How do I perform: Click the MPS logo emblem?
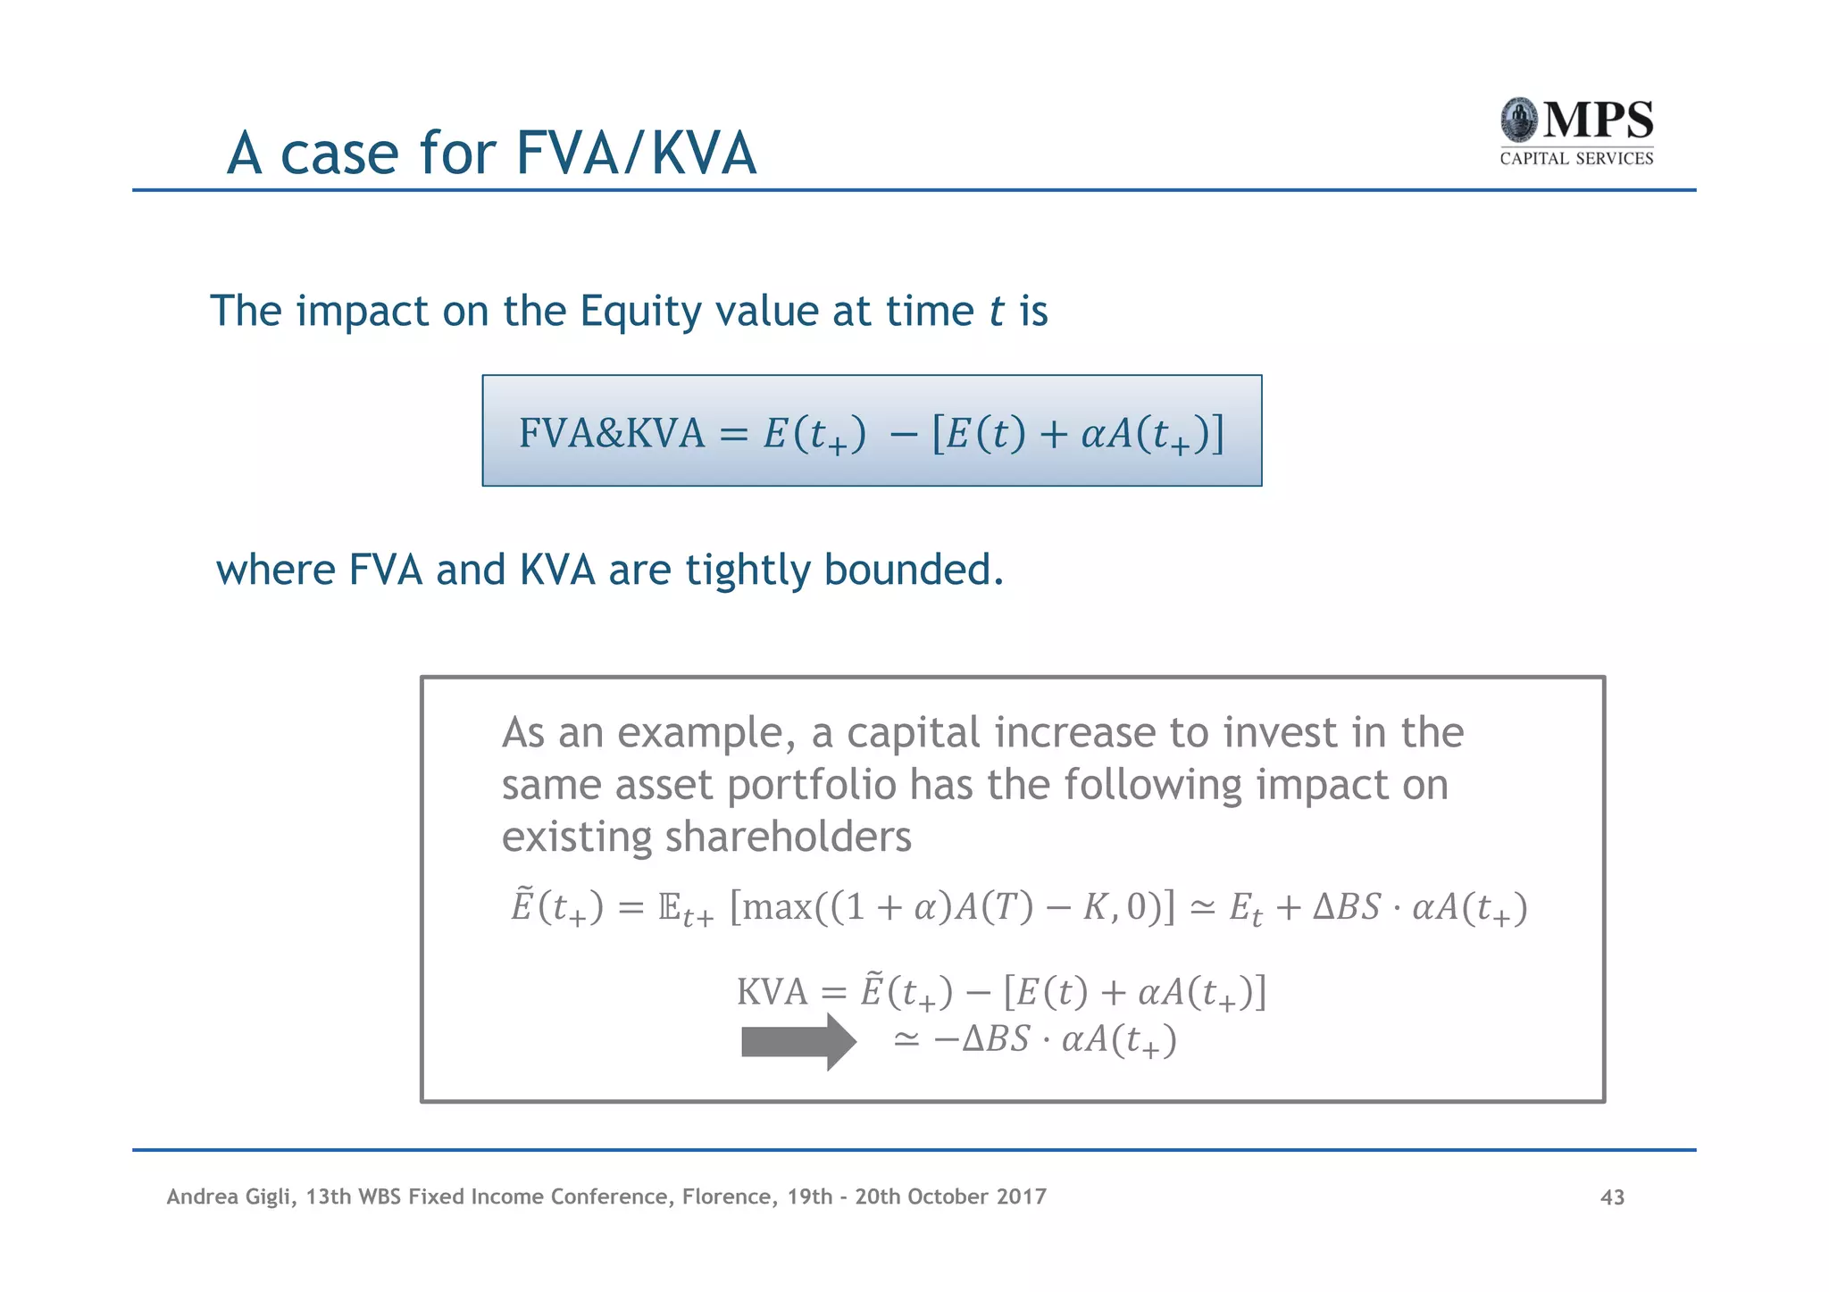(1519, 121)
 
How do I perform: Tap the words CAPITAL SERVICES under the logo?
(1576, 159)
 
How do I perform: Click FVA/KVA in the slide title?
(636, 154)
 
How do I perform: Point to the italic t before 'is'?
(997, 312)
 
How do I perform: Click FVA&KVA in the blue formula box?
(612, 433)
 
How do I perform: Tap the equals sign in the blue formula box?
(733, 435)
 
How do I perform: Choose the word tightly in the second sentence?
(747, 570)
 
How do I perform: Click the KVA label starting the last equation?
(772, 992)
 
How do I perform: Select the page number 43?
(1612, 1197)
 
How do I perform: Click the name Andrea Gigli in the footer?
(230, 1196)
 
